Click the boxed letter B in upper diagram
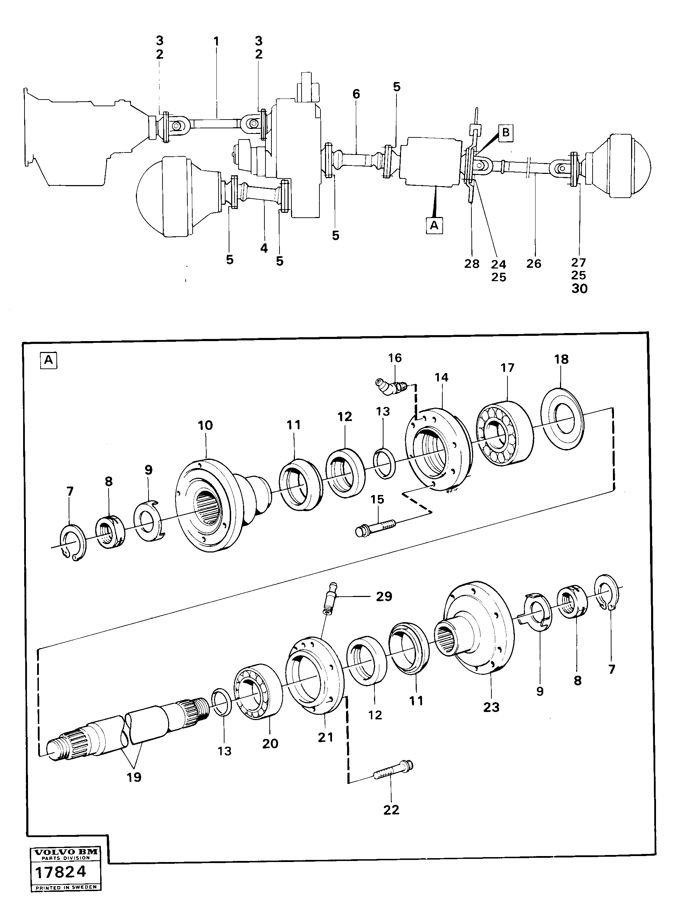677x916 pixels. click(506, 133)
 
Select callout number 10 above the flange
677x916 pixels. click(205, 425)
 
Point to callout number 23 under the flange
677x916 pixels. click(491, 707)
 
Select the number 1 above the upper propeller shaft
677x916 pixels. click(216, 41)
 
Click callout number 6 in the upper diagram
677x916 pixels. click(356, 94)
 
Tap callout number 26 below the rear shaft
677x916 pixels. click(533, 263)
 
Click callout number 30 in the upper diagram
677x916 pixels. click(579, 289)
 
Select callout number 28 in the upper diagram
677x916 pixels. click(472, 264)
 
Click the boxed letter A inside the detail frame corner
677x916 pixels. click(49, 360)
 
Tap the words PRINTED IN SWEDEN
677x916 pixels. click(65, 887)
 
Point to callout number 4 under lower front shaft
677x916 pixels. click(264, 248)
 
